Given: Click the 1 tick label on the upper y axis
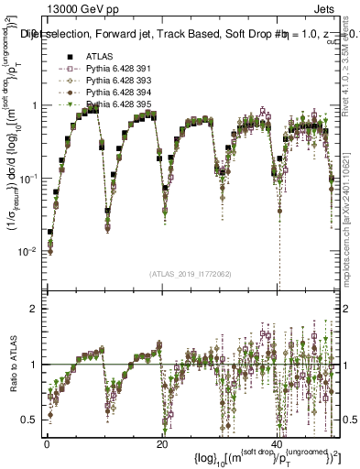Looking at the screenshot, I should pyautogui.click(x=34, y=106).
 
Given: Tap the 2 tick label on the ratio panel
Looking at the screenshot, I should pyautogui.click(x=34, y=309).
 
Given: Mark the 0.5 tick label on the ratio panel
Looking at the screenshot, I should pyautogui.click(x=30, y=420).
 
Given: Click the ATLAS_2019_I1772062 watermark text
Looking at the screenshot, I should pyautogui.click(x=191, y=273).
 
